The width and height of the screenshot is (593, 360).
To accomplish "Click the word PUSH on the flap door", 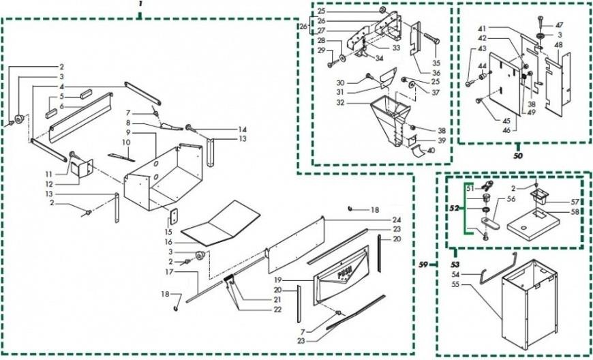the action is (x=344, y=272).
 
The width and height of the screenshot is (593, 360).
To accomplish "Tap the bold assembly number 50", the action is (x=518, y=155).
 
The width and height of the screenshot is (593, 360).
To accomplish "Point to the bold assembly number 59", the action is (x=424, y=265).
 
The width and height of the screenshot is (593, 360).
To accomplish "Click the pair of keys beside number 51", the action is (x=487, y=185).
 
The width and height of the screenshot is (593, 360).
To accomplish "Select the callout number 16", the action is (x=168, y=242).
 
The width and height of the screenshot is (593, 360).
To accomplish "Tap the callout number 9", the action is (x=128, y=132).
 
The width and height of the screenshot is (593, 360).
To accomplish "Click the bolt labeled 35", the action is (x=432, y=39).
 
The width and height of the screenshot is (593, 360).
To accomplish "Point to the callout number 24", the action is (x=396, y=220).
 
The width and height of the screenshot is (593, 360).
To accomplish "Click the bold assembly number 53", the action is (x=455, y=262).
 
